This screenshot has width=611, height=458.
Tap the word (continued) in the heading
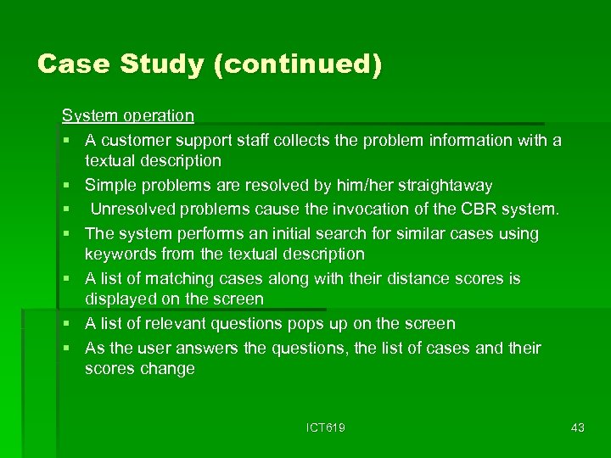[298, 64]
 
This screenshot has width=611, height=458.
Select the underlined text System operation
[128, 114]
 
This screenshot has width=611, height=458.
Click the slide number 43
[578, 428]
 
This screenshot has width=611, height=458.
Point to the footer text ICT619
[326, 428]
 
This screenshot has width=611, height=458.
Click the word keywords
[120, 254]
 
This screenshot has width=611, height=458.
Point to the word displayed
[121, 299]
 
